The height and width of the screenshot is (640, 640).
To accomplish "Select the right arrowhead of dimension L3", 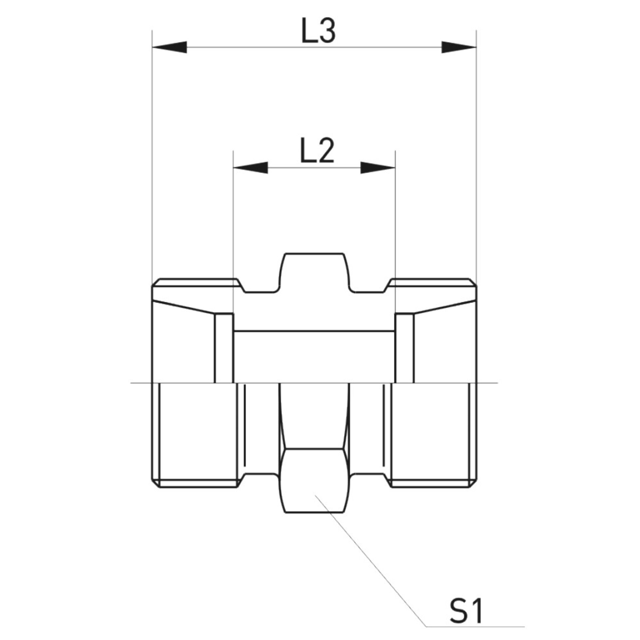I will click(459, 47).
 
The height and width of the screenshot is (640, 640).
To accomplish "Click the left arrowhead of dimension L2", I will click(251, 168).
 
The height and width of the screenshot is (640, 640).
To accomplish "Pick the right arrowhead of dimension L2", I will click(378, 168).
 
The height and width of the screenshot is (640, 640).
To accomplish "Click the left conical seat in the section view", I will click(183, 343).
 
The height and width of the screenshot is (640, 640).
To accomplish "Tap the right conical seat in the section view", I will click(445, 343).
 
